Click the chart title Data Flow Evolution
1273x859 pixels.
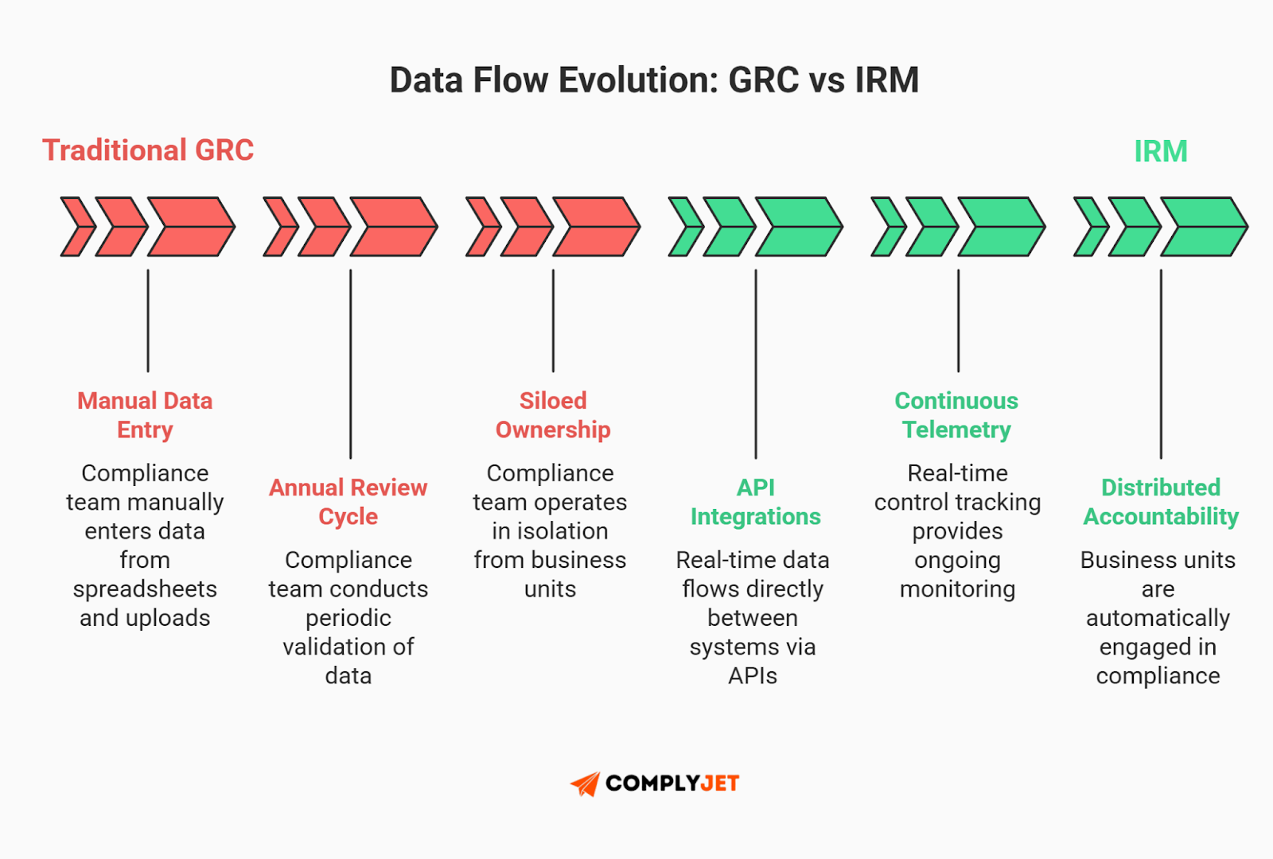pos(653,80)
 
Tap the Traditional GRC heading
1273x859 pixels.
pos(148,150)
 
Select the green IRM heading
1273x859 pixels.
pos(1160,151)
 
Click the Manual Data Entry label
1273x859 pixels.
pos(145,414)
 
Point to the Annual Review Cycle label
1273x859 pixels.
pos(348,501)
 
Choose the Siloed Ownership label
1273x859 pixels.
pos(553,414)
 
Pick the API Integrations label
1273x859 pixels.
pos(755,501)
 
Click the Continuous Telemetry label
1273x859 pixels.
pos(956,414)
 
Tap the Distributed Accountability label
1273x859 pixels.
pos(1161,501)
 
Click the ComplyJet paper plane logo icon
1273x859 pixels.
pos(586,783)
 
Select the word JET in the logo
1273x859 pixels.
pos(720,783)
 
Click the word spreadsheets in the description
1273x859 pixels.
pos(145,589)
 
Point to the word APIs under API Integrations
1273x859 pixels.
pos(753,676)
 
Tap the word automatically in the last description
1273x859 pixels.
pos(1158,618)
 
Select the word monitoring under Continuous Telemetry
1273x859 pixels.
pos(957,589)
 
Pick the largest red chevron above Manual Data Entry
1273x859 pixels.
pos(191,227)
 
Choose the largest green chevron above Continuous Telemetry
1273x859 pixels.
pos(1001,227)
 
